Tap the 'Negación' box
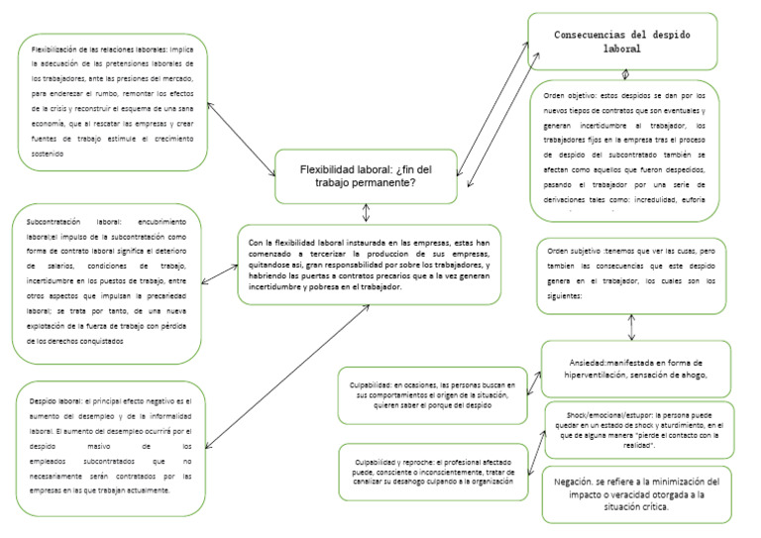637,492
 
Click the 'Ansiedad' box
636,368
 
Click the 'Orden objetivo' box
624,149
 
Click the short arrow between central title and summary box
368,213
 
